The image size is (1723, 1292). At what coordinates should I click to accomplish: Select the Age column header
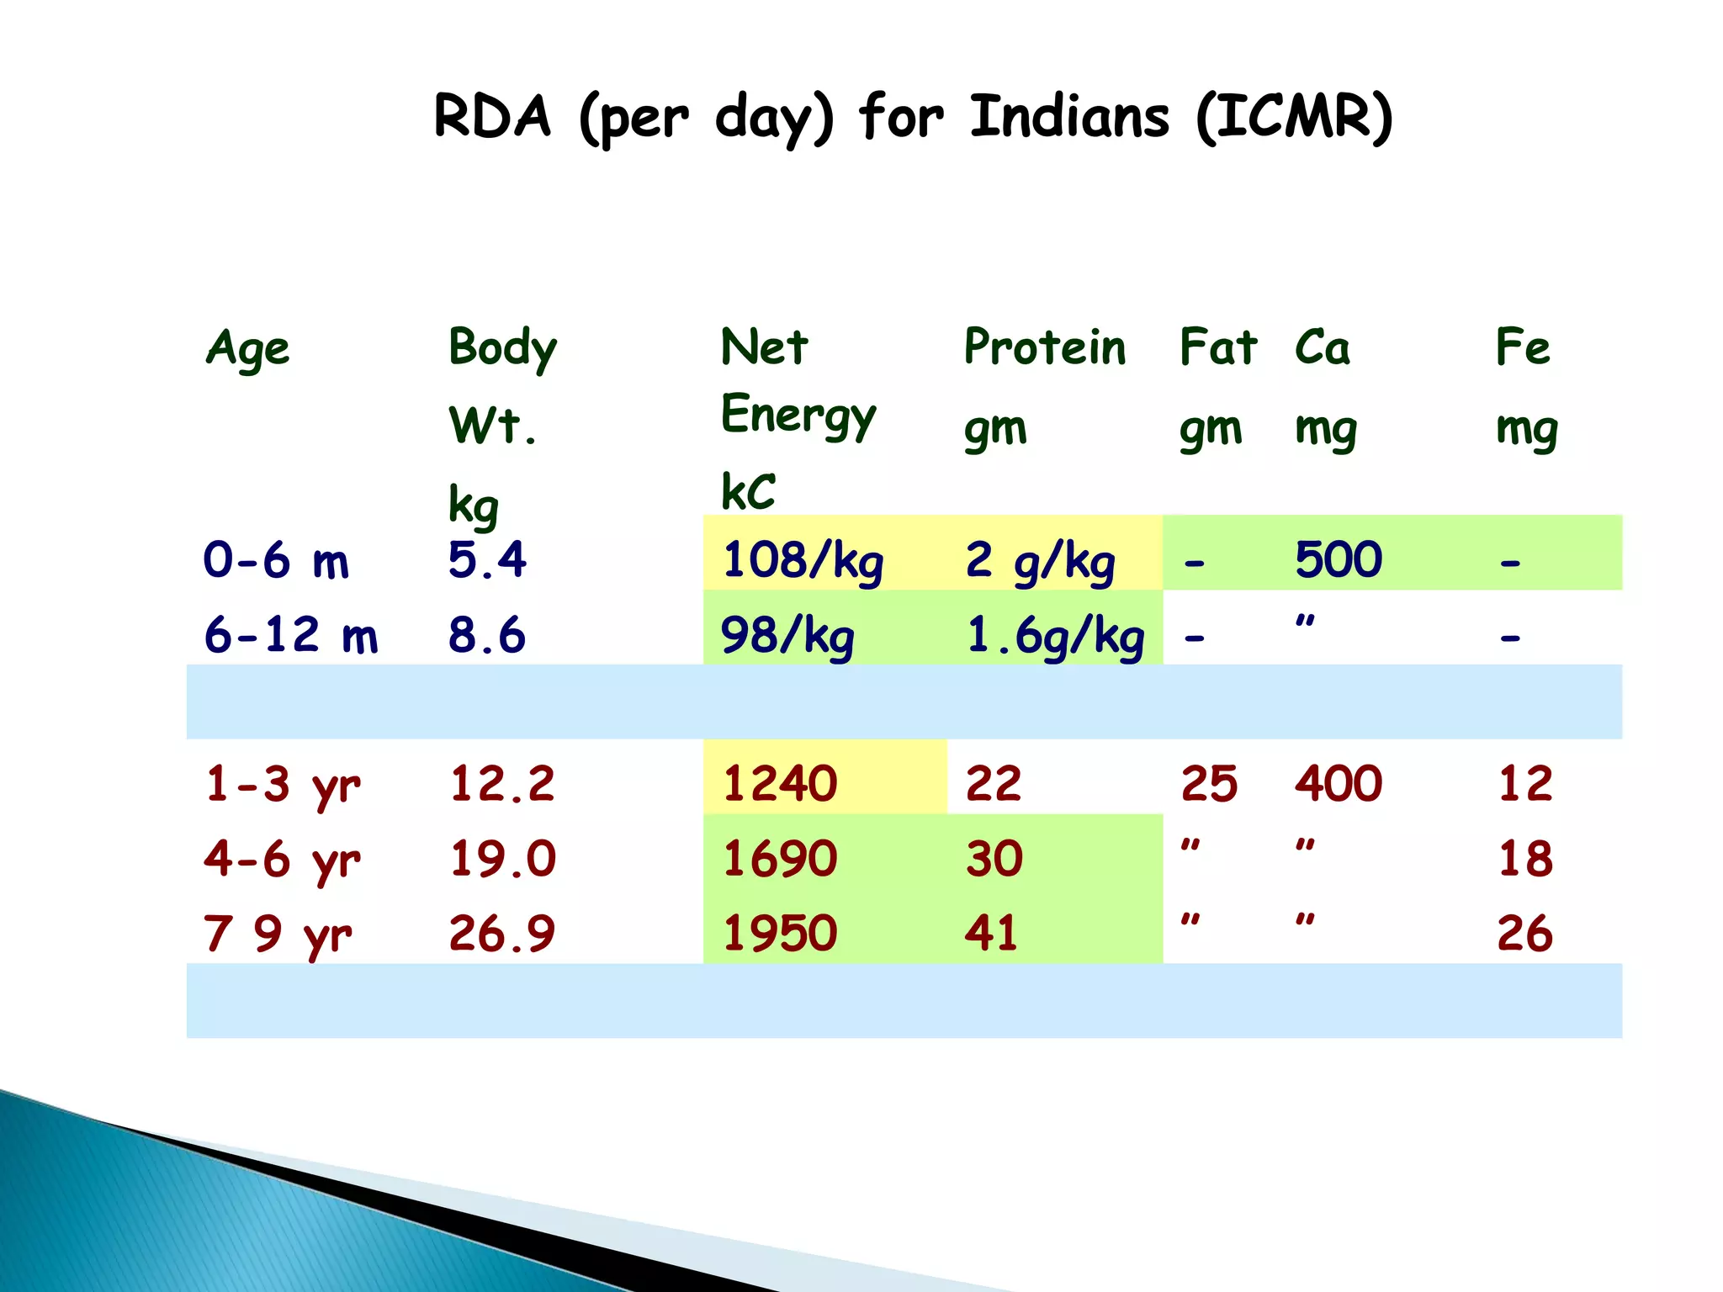247,348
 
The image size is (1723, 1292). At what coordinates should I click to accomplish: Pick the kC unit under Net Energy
748,491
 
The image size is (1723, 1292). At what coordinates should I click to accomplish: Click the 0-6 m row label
275,560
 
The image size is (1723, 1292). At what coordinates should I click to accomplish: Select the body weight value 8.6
486,634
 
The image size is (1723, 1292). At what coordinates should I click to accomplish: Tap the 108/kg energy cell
803,560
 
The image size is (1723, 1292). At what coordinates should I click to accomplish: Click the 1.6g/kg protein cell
1055,636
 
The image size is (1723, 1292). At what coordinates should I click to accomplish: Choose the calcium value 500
1338,559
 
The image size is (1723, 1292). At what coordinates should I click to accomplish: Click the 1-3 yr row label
282,785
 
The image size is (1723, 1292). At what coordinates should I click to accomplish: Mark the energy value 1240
780,783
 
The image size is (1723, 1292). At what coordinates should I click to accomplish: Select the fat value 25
1209,783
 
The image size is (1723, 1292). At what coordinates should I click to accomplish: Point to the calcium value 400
1338,783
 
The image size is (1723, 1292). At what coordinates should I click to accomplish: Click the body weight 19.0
502,859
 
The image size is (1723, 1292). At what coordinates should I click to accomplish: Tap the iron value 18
1524,859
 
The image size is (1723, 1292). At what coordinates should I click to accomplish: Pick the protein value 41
991,933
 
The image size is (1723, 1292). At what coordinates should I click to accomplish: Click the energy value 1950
780,933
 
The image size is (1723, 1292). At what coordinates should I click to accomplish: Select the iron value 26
1524,933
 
